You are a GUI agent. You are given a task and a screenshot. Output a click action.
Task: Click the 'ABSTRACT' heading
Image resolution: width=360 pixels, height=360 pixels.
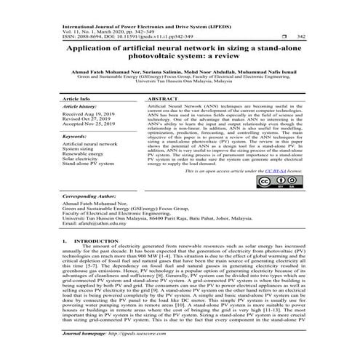point(163,97)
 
